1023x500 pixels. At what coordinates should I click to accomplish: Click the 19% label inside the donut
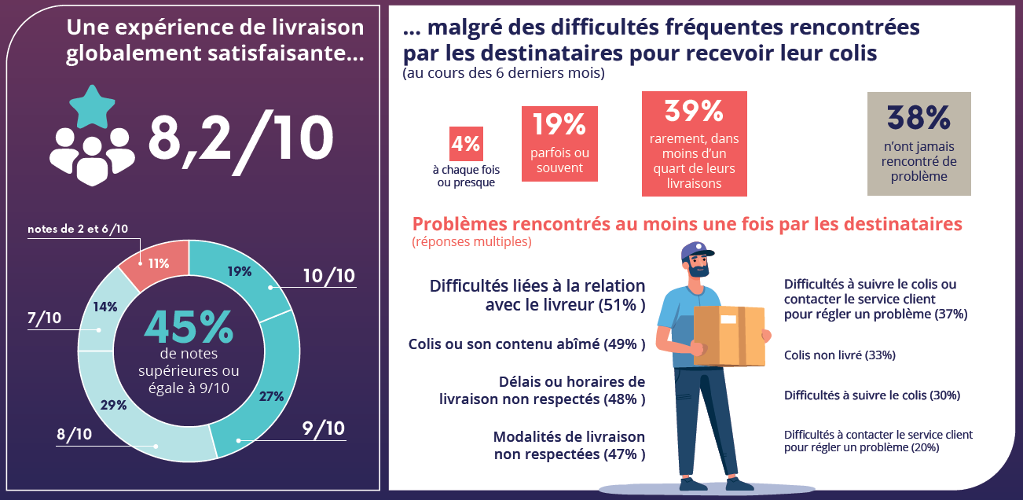tap(240, 272)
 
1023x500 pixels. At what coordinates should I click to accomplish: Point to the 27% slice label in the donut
tap(271, 396)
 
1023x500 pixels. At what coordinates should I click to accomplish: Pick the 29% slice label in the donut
tap(114, 406)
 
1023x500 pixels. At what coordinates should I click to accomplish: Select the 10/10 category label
tap(329, 276)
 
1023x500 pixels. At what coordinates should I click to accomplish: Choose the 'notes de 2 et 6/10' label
tap(77, 229)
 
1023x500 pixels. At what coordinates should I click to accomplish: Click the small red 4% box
tap(466, 144)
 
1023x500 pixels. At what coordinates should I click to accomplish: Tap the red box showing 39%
tap(694, 144)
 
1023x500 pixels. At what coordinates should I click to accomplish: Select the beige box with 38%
tap(918, 143)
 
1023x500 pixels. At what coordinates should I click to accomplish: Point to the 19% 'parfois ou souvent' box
tap(559, 143)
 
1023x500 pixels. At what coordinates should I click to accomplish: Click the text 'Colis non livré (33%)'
tap(839, 355)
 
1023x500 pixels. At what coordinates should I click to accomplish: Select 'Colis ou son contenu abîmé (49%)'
tap(526, 344)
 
